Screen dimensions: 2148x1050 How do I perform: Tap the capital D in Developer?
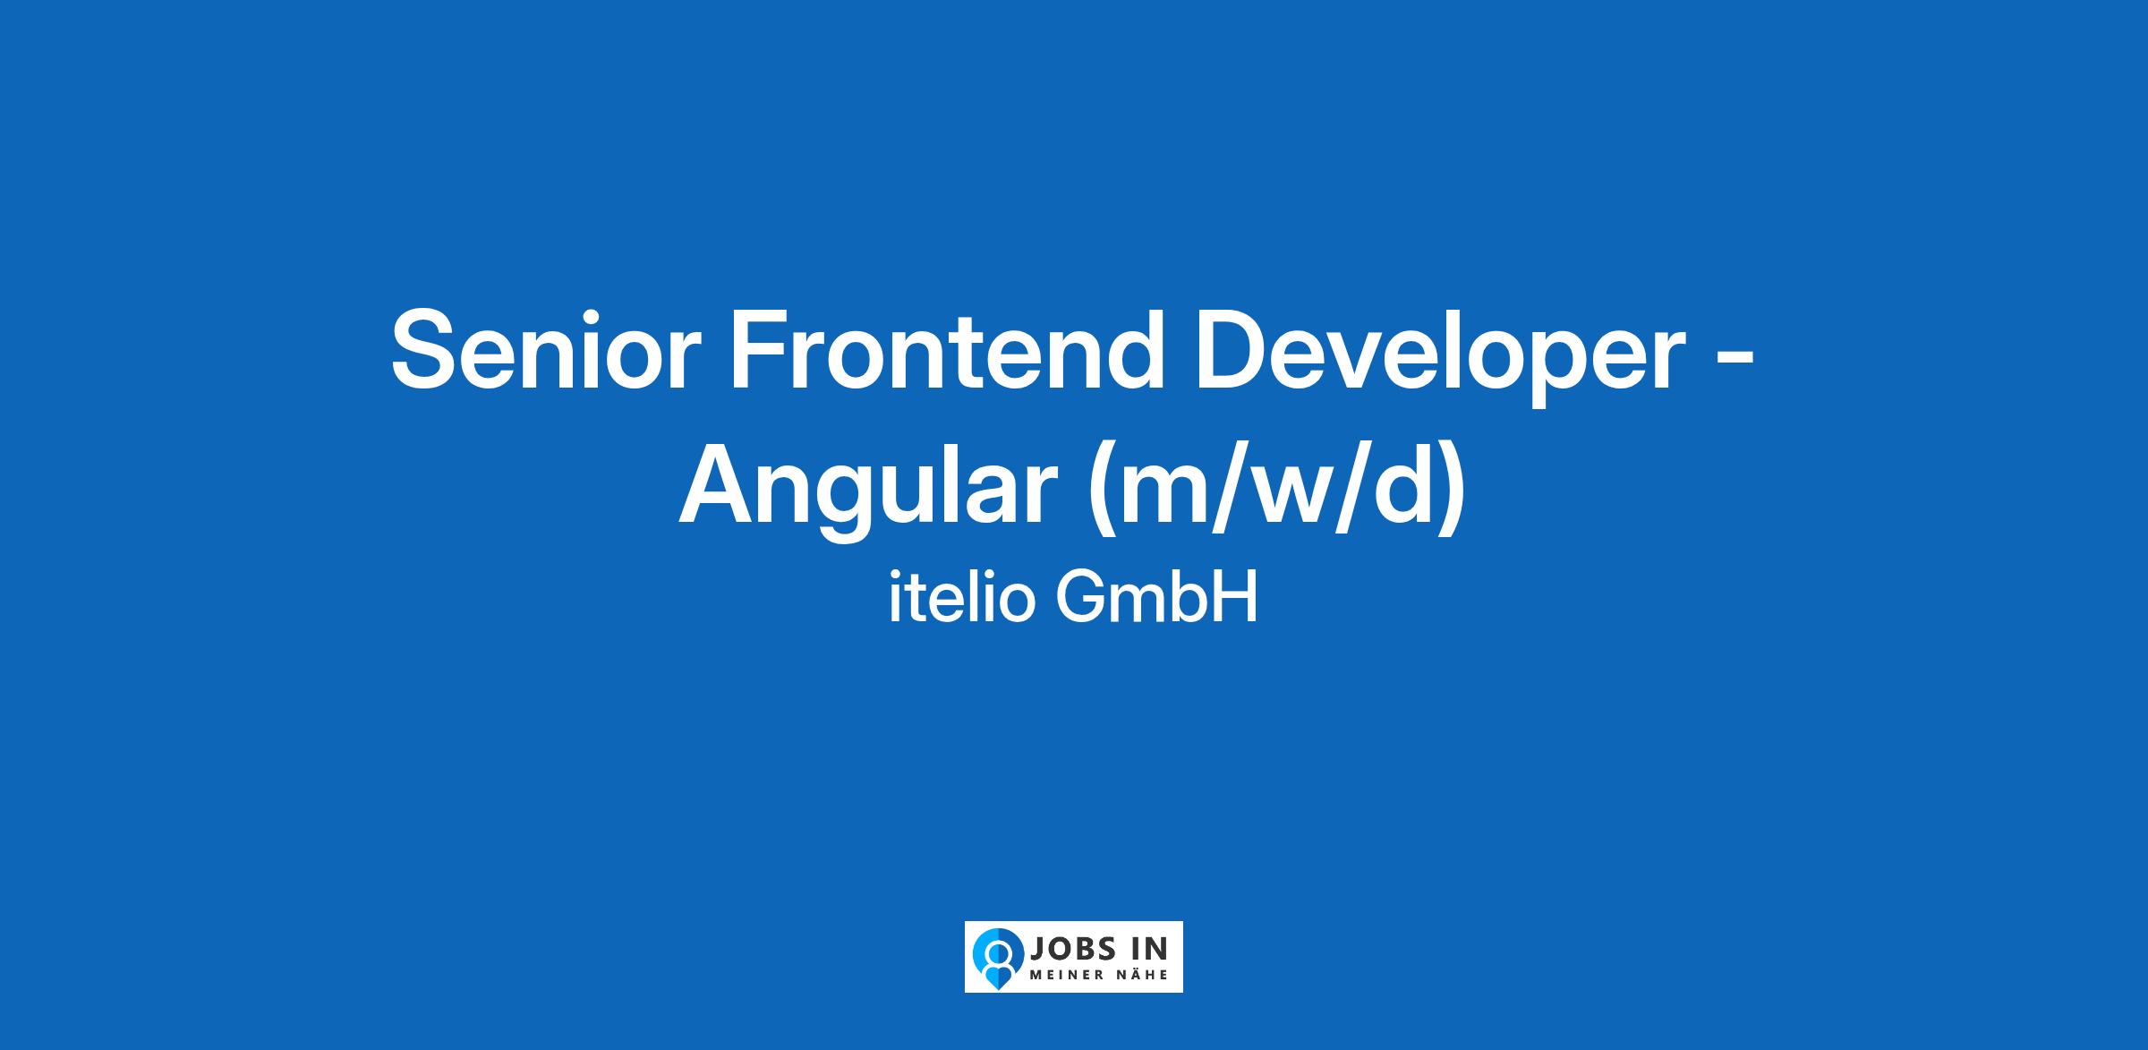pos(1240,349)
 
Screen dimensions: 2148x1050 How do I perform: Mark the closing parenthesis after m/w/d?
pos(1453,492)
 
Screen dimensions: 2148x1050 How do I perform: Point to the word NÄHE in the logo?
pos(1145,974)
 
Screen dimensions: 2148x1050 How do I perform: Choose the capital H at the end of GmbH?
pos(1238,598)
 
